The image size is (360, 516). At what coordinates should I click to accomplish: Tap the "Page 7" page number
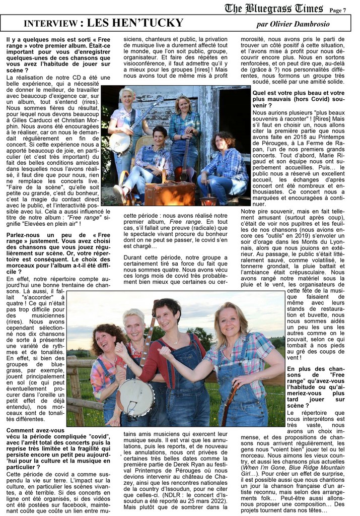coord(338,10)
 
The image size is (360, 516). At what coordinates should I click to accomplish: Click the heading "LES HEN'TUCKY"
coord(135,23)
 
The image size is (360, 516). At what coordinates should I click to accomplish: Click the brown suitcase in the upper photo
coord(170,193)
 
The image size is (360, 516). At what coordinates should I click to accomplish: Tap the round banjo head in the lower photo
coord(134,397)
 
